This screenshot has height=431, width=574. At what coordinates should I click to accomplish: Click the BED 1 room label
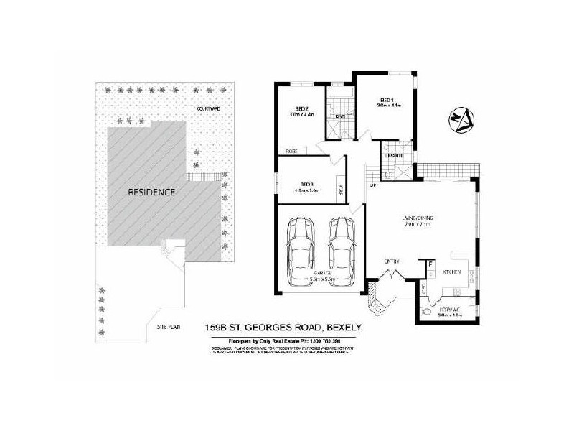coord(387,99)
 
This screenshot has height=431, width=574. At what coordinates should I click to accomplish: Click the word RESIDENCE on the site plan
coord(152,193)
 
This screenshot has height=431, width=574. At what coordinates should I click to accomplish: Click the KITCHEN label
coord(451,272)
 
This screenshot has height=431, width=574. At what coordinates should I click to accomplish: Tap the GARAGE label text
coord(321,274)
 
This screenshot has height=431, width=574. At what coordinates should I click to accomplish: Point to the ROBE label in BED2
coord(291,151)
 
